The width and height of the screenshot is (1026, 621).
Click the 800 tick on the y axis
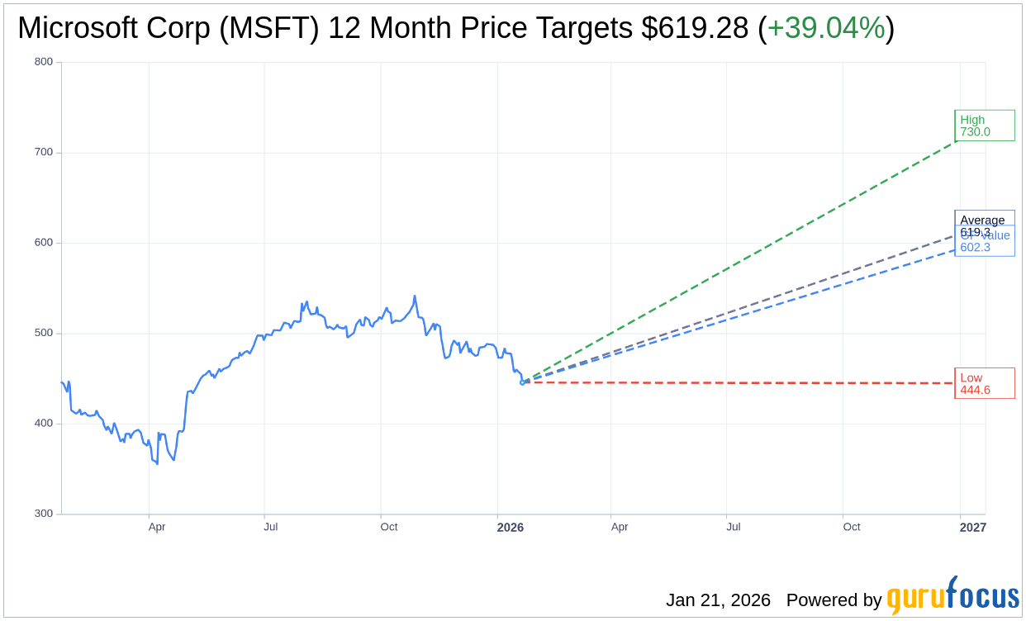(x=44, y=62)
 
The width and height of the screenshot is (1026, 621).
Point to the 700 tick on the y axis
(x=44, y=152)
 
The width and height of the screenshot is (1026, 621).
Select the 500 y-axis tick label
(x=44, y=333)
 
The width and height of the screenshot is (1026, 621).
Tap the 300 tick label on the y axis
(x=44, y=514)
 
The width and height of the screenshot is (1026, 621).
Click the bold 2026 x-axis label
(x=510, y=528)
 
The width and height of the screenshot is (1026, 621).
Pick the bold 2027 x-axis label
(x=972, y=528)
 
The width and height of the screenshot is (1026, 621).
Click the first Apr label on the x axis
(x=157, y=527)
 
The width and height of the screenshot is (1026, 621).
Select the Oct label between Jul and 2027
(x=851, y=527)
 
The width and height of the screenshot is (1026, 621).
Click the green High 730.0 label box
(x=984, y=126)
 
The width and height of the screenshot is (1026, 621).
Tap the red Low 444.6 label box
(x=984, y=383)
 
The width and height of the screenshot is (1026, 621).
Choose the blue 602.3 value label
(x=975, y=247)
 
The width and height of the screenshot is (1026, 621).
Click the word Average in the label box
(x=982, y=220)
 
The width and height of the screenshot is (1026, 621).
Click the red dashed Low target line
(x=743, y=383)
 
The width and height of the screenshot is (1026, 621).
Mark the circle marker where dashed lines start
(x=522, y=382)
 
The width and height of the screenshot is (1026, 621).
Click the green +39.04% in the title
(x=826, y=28)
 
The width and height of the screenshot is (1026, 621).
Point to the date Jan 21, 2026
(x=718, y=600)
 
